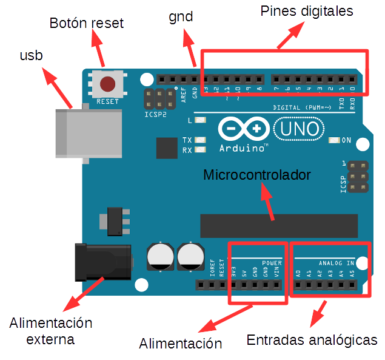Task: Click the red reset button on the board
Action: point(108,83)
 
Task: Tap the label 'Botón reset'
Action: point(86,24)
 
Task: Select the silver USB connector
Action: point(84,134)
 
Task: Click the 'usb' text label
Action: point(32,56)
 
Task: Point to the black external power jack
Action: point(101,262)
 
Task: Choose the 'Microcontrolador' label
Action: point(257,175)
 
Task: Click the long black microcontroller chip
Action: point(278,225)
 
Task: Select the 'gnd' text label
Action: point(181,16)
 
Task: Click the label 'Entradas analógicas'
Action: point(312,340)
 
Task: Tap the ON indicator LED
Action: point(333,140)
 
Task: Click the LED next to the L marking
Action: point(201,121)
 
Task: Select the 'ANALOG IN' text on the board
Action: point(336,263)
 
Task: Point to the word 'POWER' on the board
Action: point(272,263)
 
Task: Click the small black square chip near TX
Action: point(166,148)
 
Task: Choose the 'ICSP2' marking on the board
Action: point(155,114)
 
